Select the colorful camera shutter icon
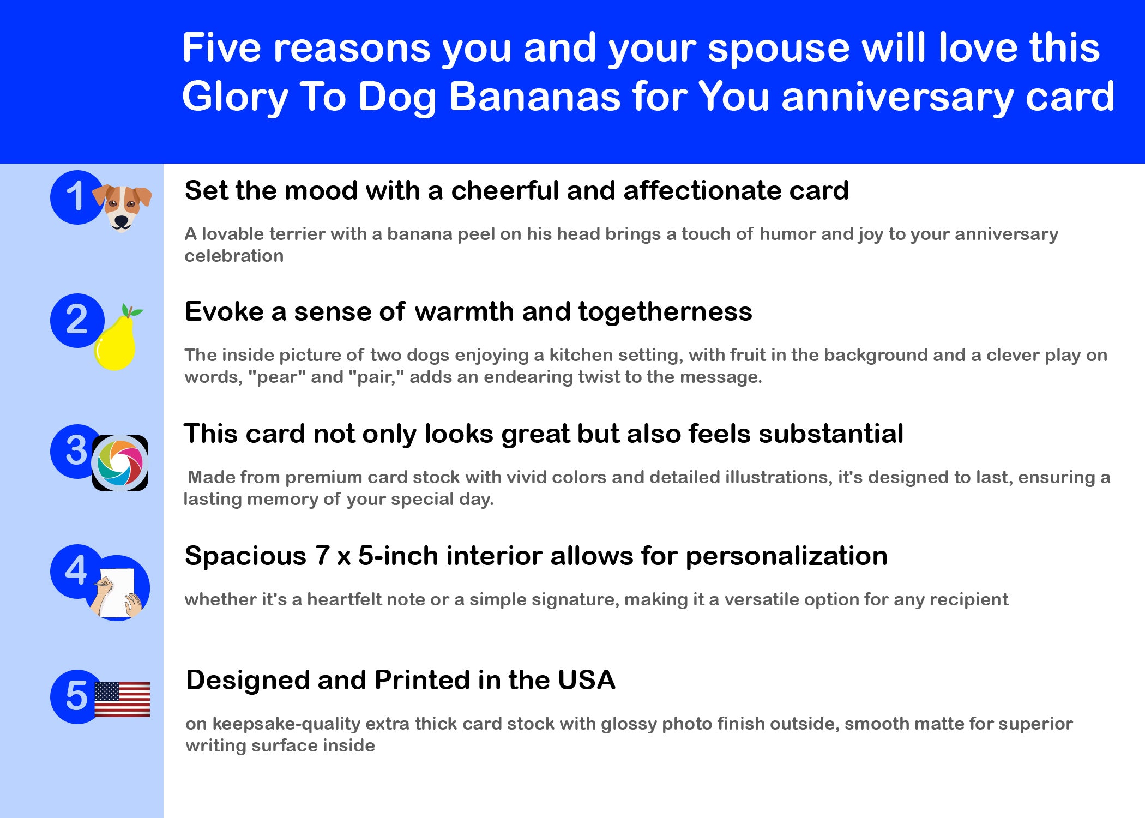pyautogui.click(x=120, y=463)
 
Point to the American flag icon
pyautogui.click(x=122, y=699)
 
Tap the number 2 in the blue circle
pyautogui.click(x=76, y=320)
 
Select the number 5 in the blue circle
pyautogui.click(x=76, y=696)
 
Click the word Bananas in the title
pyautogui.click(x=535, y=97)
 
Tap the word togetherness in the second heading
pyautogui.click(x=665, y=312)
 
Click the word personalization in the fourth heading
pyautogui.click(x=786, y=557)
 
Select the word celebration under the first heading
pyautogui.click(x=234, y=256)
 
